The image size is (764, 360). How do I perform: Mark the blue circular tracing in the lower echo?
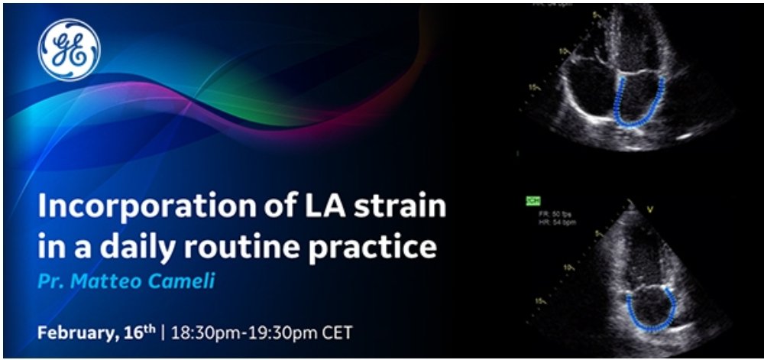(x=651, y=305)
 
